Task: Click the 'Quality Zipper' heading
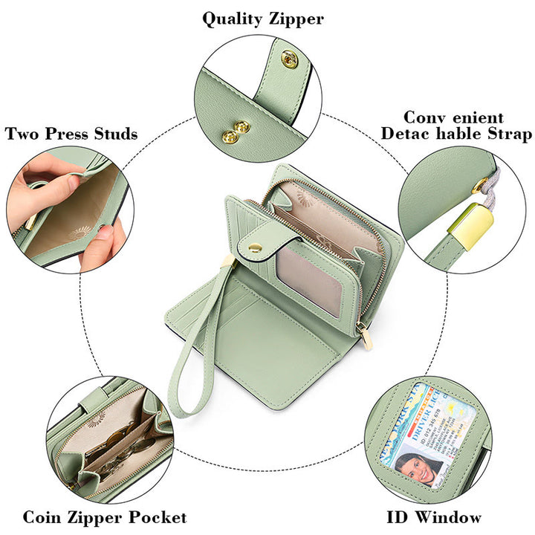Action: click(263, 19)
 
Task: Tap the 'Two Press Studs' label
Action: click(71, 134)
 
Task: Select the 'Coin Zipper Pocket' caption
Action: click(105, 516)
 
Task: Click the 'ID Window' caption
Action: click(435, 516)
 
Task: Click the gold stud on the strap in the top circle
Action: click(290, 59)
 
